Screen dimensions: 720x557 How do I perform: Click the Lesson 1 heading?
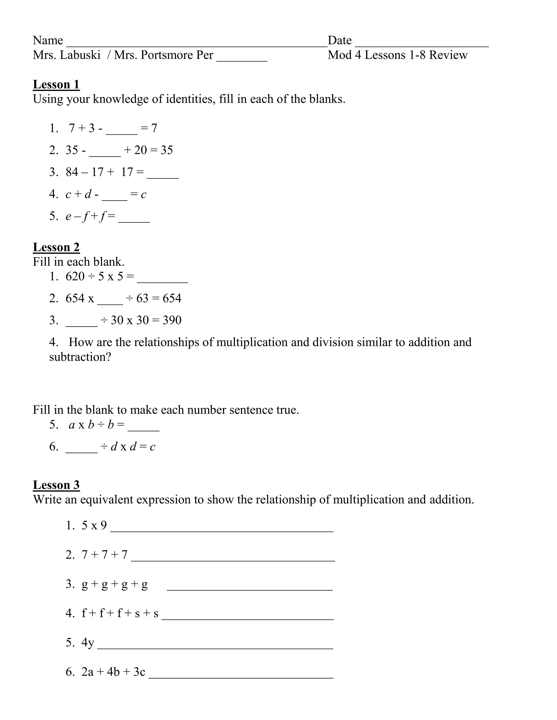[56, 84]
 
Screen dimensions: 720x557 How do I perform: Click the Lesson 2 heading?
[56, 247]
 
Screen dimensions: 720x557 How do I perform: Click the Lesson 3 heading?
[56, 485]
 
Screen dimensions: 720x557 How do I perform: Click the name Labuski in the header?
[80, 55]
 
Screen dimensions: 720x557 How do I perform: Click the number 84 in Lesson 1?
[72, 172]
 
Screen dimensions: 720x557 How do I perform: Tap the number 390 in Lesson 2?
[172, 320]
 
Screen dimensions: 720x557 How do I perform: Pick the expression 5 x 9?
[94, 525]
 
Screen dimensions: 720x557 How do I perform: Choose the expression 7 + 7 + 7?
[104, 555]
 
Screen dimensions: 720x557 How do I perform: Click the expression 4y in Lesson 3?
[88, 642]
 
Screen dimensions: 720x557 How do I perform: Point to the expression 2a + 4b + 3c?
[113, 672]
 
